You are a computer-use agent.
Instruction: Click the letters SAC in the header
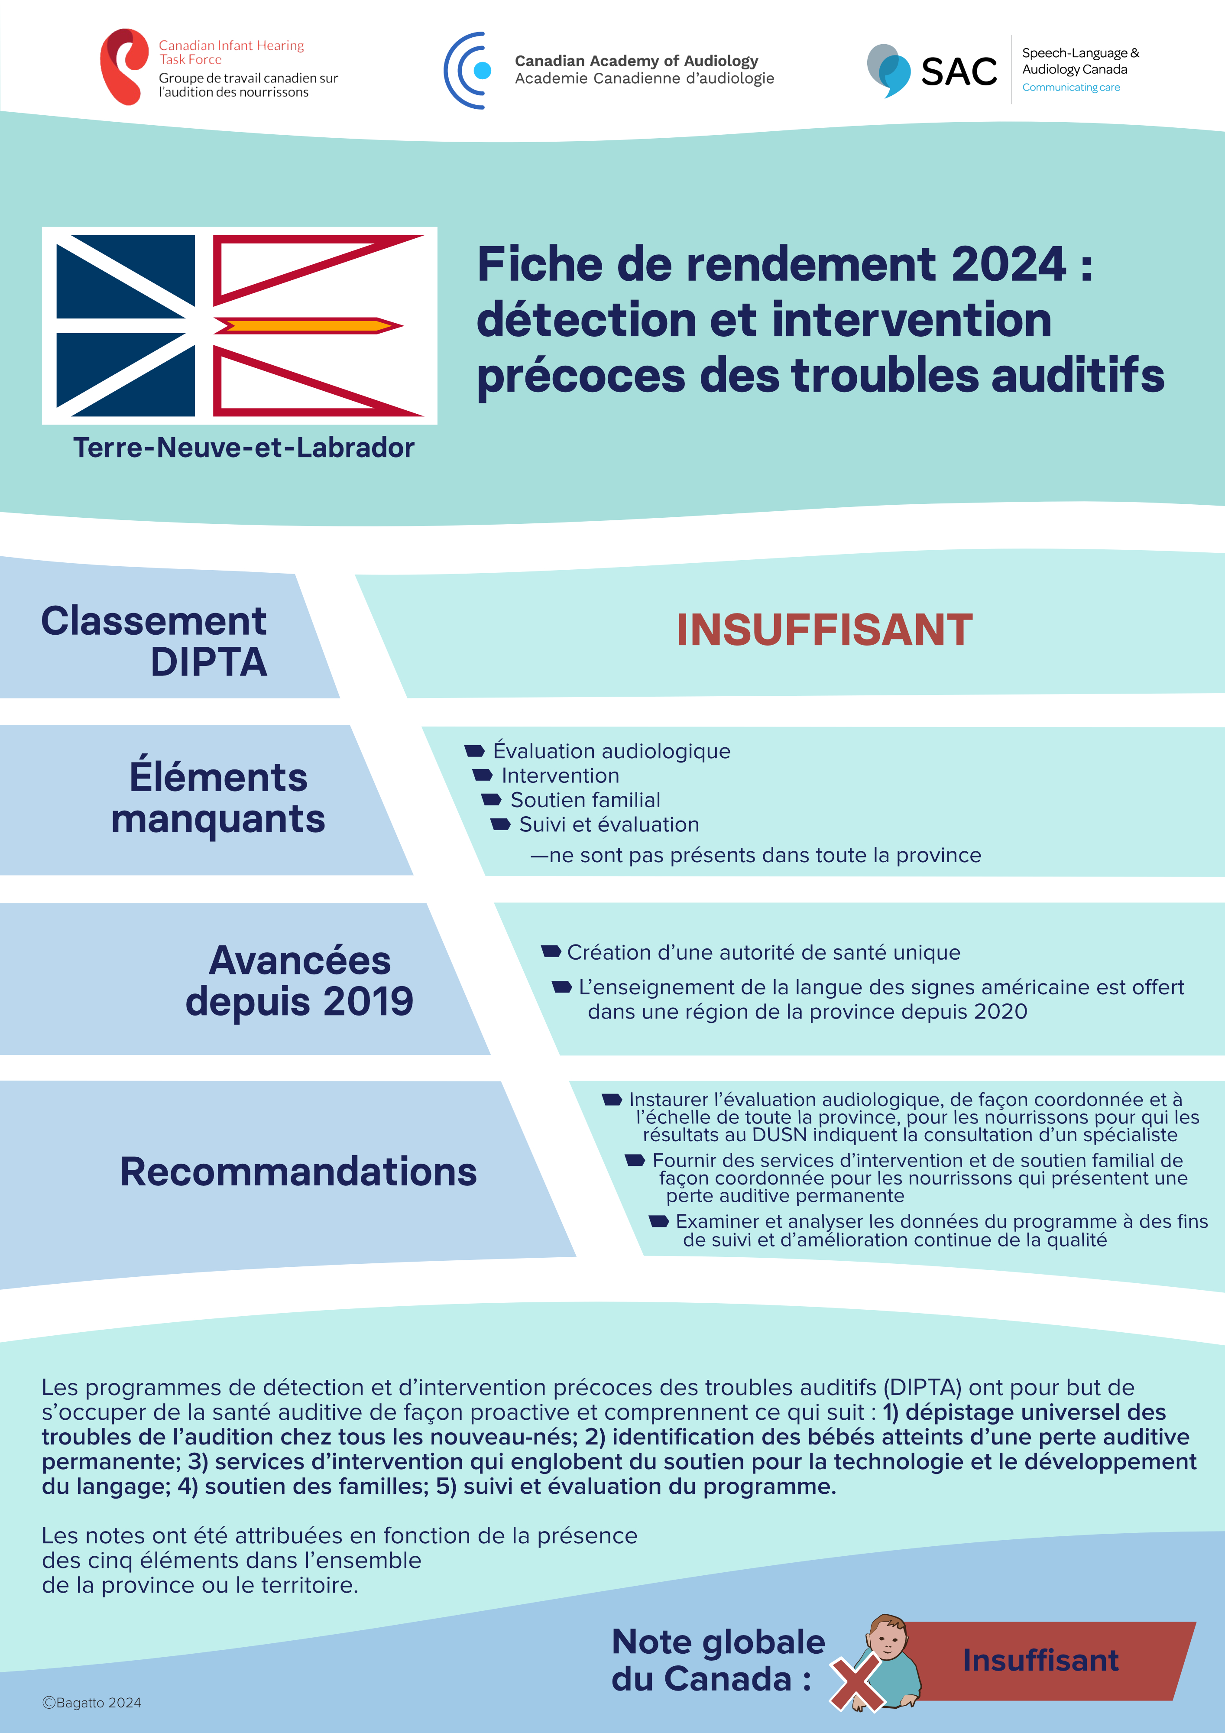click(959, 72)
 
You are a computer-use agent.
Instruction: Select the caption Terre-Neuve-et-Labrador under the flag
click(244, 448)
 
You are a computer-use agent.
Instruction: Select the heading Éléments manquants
click(218, 798)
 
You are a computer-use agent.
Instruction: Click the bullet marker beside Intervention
click(482, 775)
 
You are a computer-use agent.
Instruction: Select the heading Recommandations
click(298, 1172)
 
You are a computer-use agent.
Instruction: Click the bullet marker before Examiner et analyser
click(659, 1220)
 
